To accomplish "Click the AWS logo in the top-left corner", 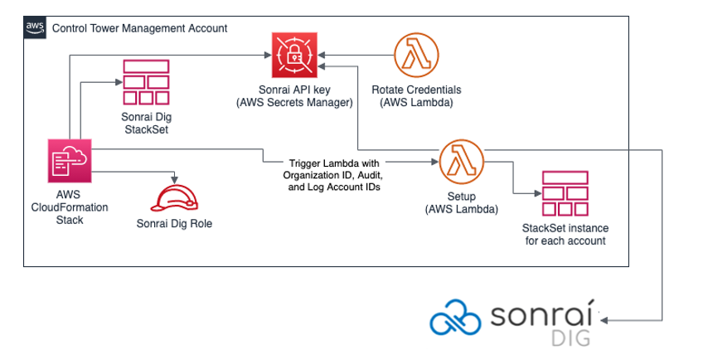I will (34, 28).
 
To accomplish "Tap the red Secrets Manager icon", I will (294, 55).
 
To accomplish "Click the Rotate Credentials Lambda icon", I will (416, 55).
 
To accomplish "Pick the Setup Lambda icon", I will (462, 161).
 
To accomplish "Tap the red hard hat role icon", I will (174, 200).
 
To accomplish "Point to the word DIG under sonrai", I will (571, 338).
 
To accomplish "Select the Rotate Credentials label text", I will (416, 96).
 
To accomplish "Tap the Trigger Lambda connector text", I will (336, 176).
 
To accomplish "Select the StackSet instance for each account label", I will (565, 235).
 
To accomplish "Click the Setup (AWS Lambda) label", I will (461, 204).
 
